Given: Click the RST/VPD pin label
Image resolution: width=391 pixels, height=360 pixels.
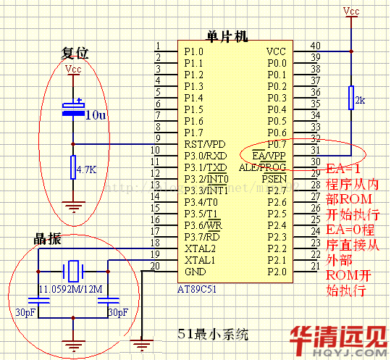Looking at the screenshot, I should [x=205, y=143].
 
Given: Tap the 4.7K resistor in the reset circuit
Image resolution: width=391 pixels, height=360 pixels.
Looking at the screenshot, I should [x=73, y=169].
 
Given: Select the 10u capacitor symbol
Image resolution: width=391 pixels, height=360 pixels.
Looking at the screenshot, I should [x=73, y=112].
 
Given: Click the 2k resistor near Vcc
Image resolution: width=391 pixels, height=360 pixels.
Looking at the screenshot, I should [x=350, y=98].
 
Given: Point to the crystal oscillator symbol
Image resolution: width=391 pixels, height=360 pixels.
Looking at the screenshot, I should [x=73, y=272].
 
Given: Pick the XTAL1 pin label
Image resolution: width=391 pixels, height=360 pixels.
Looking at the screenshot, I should [x=201, y=259].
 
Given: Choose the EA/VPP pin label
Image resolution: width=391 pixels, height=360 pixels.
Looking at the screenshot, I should [x=269, y=155].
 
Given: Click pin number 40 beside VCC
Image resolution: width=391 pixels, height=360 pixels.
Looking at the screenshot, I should [x=315, y=46].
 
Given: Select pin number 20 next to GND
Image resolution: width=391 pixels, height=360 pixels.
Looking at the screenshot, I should [x=154, y=266].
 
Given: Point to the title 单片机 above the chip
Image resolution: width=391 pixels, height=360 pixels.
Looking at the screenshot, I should [x=227, y=36].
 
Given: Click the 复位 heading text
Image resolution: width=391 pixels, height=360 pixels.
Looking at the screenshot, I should [x=75, y=53].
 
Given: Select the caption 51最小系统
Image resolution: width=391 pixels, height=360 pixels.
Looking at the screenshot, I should [x=214, y=334].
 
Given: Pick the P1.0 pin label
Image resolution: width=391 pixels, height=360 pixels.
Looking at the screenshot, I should [x=194, y=51].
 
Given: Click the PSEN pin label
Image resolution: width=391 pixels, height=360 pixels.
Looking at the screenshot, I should [x=274, y=178].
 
